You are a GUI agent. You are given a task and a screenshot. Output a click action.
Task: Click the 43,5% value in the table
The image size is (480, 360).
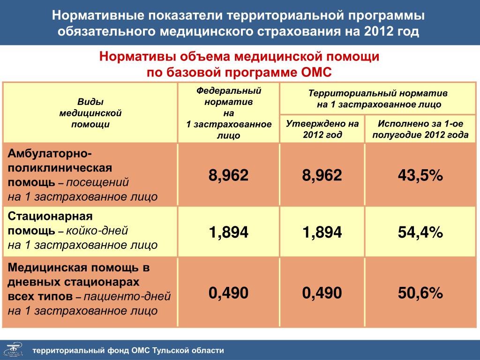click(x=420, y=175)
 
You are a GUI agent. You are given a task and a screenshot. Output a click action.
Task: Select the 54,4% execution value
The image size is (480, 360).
click(x=420, y=232)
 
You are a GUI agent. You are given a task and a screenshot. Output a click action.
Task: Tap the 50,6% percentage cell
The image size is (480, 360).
click(x=420, y=292)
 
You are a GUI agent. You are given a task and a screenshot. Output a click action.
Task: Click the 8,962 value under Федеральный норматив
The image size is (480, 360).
click(x=228, y=175)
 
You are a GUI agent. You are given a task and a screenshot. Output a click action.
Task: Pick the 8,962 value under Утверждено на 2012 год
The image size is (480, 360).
click(x=322, y=175)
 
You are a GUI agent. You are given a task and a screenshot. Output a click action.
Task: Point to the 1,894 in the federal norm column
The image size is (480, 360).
click(x=228, y=232)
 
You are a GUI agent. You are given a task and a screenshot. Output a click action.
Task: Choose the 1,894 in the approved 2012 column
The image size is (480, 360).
click(x=322, y=232)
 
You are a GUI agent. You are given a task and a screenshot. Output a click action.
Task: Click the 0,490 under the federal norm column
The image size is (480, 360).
click(x=228, y=293)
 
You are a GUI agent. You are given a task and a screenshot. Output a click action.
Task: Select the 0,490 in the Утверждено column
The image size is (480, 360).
click(x=322, y=293)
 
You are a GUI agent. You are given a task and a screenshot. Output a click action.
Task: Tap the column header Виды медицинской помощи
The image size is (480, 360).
click(x=90, y=113)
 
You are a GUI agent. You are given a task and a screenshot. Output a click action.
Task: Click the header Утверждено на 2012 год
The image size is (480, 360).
click(x=322, y=129)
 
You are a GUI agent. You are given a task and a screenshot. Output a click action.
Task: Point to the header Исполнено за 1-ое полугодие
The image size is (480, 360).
click(x=420, y=129)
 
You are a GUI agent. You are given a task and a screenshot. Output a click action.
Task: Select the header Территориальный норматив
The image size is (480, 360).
click(x=379, y=98)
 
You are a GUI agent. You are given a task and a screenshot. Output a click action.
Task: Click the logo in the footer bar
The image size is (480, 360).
click(x=14, y=350)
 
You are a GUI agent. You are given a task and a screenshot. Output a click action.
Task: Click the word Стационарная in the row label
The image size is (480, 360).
click(x=50, y=216)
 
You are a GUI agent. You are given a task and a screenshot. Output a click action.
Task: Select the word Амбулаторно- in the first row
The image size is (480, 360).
click(x=50, y=153)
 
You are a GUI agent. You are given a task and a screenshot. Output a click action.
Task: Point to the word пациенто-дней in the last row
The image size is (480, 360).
click(x=127, y=296)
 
